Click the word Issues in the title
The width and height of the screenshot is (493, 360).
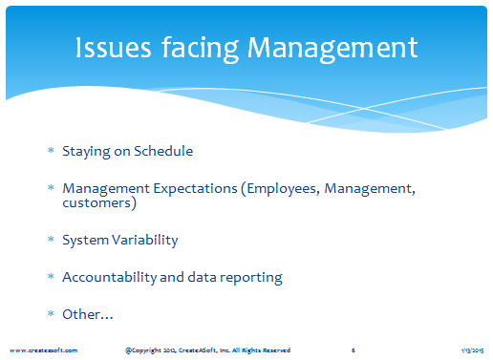pyautogui.click(x=113, y=48)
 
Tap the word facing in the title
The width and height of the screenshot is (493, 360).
pyautogui.click(x=200, y=49)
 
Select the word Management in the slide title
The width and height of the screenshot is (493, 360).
pyautogui.click(x=332, y=50)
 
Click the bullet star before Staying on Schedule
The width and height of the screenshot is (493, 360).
pyautogui.click(x=51, y=150)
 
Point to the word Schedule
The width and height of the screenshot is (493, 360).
pyautogui.click(x=163, y=151)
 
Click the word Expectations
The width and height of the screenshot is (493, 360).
pyautogui.click(x=196, y=189)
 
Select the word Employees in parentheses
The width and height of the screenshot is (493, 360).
pyautogui.click(x=283, y=189)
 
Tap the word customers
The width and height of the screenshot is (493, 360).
pyautogui.click(x=96, y=203)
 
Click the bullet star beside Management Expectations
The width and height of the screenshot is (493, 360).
pyautogui.click(x=51, y=187)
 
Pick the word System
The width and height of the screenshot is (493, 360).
pyautogui.click(x=86, y=240)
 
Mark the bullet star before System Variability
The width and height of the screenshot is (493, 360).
pyautogui.click(x=51, y=239)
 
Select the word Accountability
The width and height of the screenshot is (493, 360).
pyautogui.click(x=110, y=277)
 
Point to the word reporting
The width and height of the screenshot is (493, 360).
pyautogui.click(x=251, y=278)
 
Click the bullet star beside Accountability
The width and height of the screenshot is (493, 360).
pyautogui.click(x=51, y=276)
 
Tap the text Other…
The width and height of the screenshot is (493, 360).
pyautogui.click(x=88, y=314)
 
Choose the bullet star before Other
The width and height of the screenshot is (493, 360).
pyautogui.click(x=51, y=313)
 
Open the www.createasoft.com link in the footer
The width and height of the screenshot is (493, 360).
pyautogui.click(x=43, y=350)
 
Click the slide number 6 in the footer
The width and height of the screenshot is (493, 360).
pyautogui.click(x=354, y=350)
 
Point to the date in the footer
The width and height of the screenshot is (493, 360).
pyautogui.click(x=473, y=350)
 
